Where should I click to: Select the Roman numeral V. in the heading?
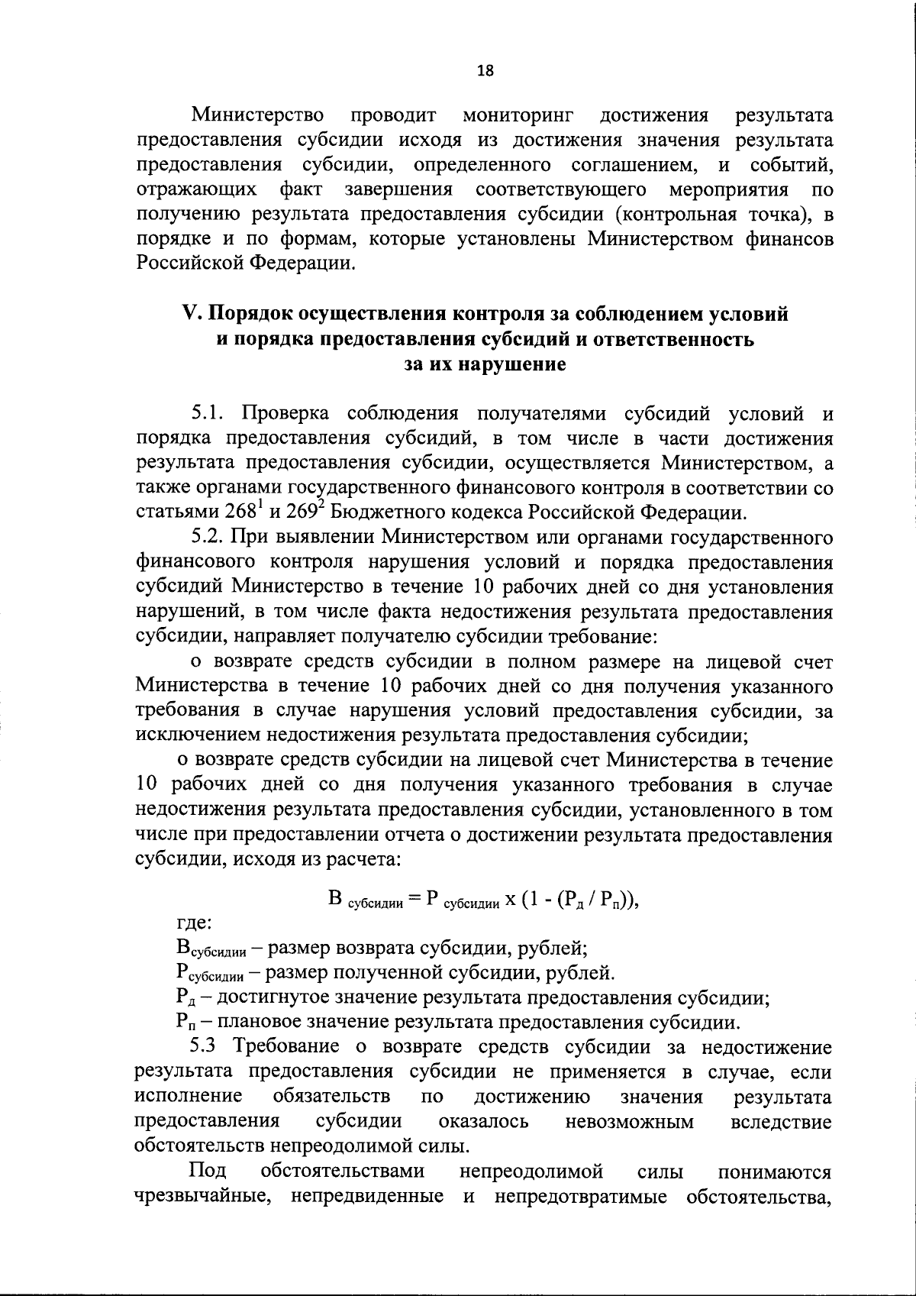192,315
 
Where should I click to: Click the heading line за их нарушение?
485,364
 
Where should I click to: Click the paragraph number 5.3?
203,1048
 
